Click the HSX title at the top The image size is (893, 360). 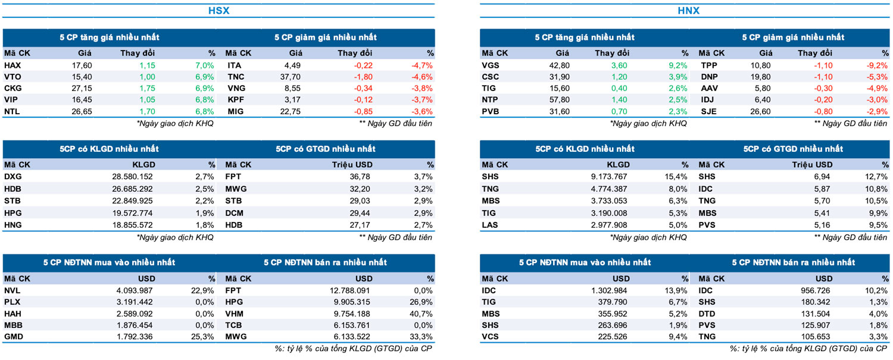(218, 11)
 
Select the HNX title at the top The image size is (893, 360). (688, 11)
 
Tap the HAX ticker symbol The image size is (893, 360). (13, 65)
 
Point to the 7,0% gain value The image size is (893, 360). (204, 65)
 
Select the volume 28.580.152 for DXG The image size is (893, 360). (129, 177)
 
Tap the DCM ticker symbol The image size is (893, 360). (235, 212)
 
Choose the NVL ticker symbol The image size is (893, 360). (12, 290)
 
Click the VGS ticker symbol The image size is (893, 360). (491, 65)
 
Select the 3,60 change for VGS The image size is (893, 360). (619, 65)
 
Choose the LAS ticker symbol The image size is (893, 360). (491, 224)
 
